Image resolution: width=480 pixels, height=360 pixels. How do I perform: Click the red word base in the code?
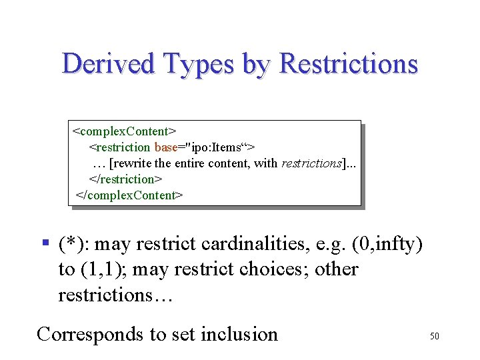165,147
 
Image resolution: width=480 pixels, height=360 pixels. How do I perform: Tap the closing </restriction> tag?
126,179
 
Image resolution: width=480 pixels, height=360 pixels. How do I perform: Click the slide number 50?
434,337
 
